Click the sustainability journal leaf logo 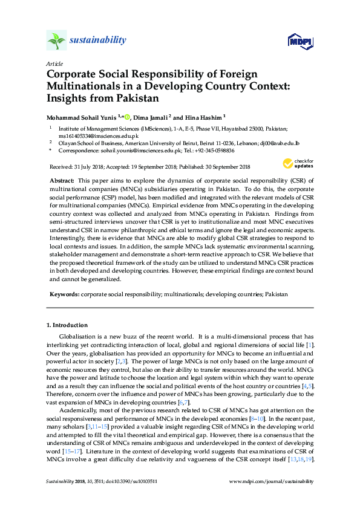56,41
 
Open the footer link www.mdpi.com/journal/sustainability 272,482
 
